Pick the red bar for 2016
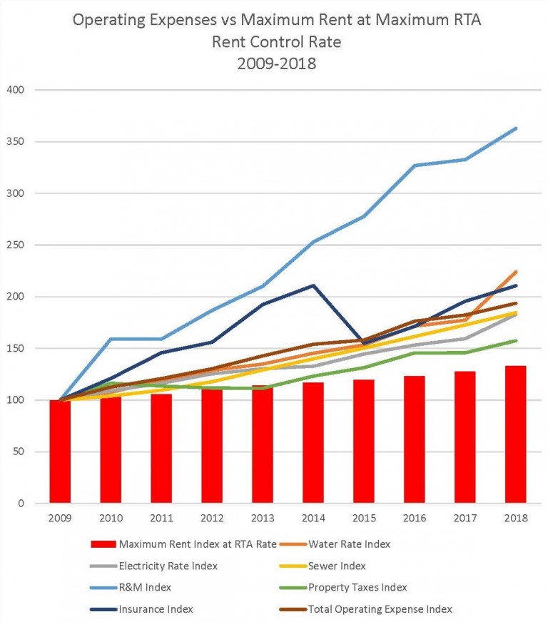415,439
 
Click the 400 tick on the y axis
15,90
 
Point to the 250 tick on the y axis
15,245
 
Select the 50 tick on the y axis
17,452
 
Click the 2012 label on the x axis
212,518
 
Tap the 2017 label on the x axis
465,518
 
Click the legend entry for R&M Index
146,587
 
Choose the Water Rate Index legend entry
350,544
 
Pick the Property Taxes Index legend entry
357,587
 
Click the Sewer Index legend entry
337,566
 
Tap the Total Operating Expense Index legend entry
380,608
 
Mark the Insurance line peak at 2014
313,285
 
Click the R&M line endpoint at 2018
515,128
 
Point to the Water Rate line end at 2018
515,272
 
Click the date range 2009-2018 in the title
276,63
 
